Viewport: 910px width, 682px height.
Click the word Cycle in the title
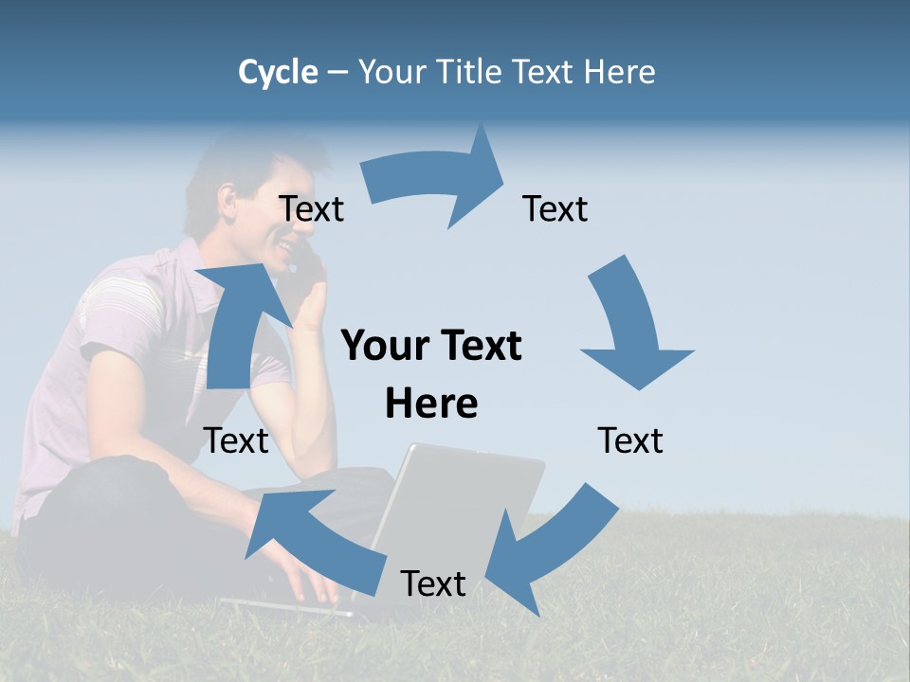(278, 72)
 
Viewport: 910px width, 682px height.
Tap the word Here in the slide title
(619, 72)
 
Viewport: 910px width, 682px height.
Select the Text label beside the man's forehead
(311, 209)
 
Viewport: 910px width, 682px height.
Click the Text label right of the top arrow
(555, 209)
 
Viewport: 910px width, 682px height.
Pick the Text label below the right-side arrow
(630, 440)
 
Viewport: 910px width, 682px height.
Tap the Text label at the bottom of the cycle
(433, 583)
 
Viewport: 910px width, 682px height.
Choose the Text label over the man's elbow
(236, 440)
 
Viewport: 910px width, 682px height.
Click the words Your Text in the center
(431, 346)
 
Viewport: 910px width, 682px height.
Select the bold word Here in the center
(431, 404)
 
